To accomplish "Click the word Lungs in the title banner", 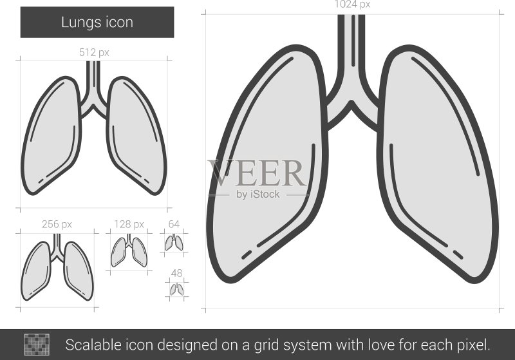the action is click(81, 23).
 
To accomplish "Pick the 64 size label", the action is click(174, 224).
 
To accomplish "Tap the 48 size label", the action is click(176, 273).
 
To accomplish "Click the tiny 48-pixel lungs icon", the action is click(176, 289).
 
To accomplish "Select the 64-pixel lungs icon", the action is click(174, 242).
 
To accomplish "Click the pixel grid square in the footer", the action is click(37, 345).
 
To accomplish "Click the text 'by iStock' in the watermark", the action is click(258, 194).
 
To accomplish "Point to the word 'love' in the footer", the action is click(382, 345).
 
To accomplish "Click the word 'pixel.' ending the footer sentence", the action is click(474, 346).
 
